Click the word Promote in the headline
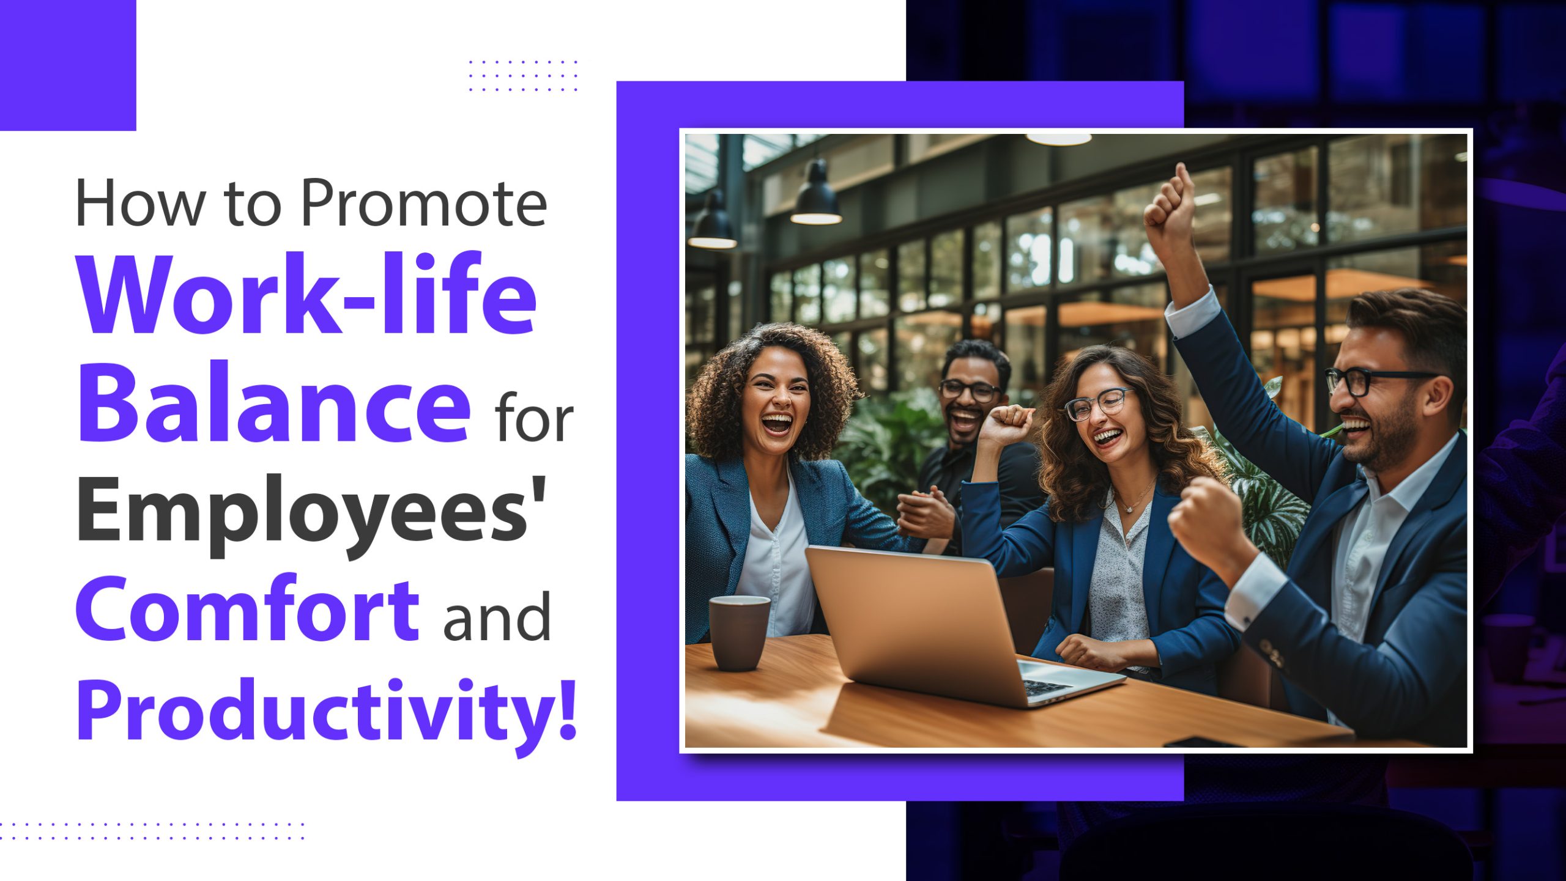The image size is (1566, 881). (x=424, y=203)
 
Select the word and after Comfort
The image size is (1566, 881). (x=496, y=617)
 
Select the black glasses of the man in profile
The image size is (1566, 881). (x=1364, y=380)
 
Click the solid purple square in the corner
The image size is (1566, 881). (x=67, y=64)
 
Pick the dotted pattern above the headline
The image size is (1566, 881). (x=523, y=76)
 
